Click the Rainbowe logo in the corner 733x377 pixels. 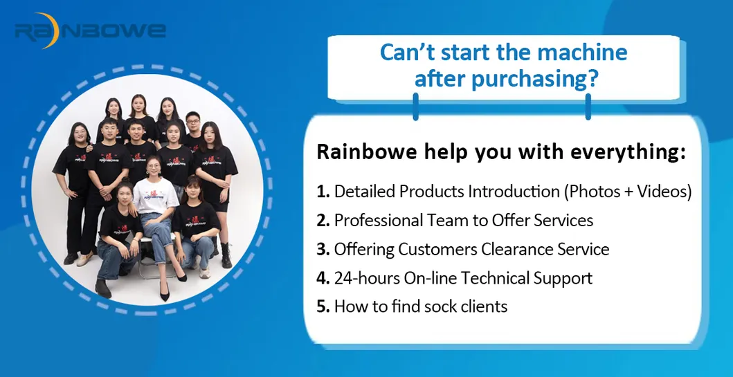[90, 31]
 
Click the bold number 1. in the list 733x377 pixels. [323, 192]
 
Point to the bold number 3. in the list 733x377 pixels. [323, 250]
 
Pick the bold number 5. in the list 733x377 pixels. [323, 307]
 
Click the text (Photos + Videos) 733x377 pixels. [628, 192]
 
